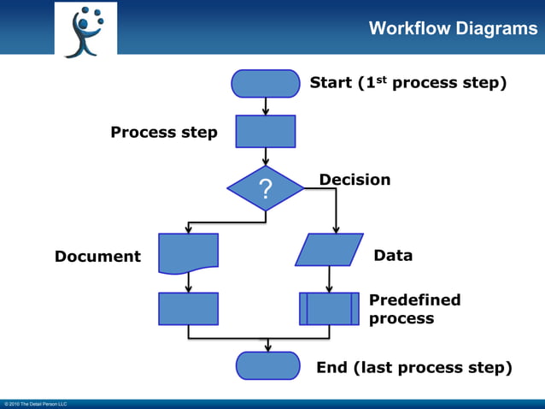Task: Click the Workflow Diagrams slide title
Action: [453, 29]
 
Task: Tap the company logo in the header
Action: [85, 30]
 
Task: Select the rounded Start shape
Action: [266, 84]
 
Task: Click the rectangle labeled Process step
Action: [266, 132]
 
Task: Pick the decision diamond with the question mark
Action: [266, 188]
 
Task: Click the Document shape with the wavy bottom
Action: [188, 252]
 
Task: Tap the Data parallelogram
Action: [329, 250]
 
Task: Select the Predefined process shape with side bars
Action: [329, 309]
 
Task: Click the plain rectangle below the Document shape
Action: [188, 309]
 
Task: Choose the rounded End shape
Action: [268, 365]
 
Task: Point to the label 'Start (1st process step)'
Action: [408, 83]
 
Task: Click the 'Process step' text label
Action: [164, 133]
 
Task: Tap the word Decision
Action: [355, 180]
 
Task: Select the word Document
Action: [97, 256]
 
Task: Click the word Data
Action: [393, 255]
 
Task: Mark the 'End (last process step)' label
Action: [414, 368]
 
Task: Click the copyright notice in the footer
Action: [35, 404]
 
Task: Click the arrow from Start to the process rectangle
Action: [266, 106]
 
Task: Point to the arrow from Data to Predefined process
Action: [329, 280]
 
